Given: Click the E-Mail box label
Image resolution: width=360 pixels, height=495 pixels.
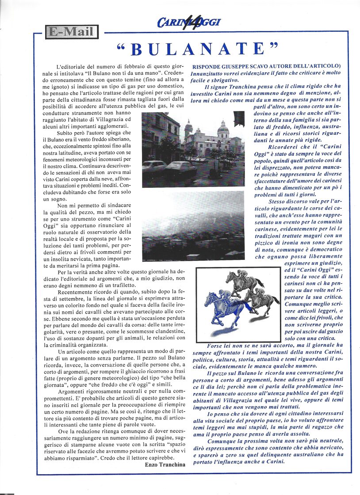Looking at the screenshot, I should [x=71, y=32].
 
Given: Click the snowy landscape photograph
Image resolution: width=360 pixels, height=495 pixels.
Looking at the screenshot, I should [x=193, y=225].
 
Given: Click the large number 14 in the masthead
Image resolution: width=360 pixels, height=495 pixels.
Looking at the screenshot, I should [x=186, y=20].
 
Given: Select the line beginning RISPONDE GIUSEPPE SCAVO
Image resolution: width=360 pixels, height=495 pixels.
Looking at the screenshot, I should [x=269, y=66].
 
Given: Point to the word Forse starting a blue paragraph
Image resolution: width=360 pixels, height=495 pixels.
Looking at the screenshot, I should [x=216, y=346].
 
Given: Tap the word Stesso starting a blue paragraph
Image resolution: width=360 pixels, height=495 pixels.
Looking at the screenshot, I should [x=278, y=201].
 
